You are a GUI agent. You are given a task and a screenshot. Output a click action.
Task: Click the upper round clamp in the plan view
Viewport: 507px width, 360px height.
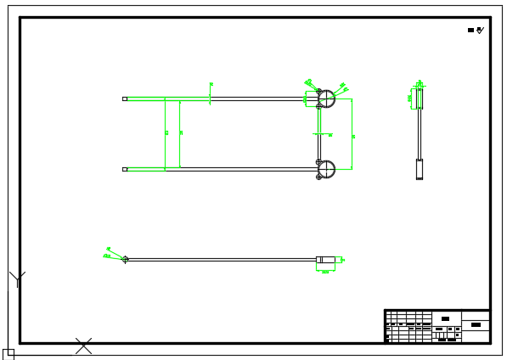(x=327, y=98)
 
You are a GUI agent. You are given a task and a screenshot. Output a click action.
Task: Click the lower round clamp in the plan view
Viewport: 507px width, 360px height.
(x=327, y=169)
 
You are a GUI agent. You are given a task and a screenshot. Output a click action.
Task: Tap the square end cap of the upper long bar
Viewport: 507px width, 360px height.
(x=125, y=98)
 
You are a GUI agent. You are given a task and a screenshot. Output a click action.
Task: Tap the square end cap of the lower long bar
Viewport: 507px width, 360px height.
(x=125, y=169)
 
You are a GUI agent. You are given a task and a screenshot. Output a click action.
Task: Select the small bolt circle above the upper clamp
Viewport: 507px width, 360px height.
(x=319, y=91)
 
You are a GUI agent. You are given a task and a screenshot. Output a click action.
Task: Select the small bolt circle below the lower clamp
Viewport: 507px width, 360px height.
(x=319, y=177)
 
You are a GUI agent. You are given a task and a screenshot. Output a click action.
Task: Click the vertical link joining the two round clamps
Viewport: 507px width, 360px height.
(x=319, y=134)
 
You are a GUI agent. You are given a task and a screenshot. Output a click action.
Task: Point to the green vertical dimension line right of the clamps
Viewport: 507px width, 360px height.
(x=352, y=134)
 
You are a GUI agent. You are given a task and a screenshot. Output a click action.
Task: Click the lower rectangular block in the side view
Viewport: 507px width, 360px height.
(x=419, y=169)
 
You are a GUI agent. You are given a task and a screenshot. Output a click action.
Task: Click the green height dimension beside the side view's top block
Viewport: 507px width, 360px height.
(x=412, y=98)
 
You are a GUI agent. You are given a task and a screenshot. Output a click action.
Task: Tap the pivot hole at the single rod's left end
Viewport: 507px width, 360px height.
(x=126, y=259)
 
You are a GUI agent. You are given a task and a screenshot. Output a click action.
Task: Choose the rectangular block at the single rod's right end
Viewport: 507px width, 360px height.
(x=325, y=259)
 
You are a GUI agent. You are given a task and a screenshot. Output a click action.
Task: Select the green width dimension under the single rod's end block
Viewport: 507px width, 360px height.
(x=325, y=270)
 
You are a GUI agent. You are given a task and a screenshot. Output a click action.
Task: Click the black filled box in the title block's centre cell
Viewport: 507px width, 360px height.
(x=445, y=318)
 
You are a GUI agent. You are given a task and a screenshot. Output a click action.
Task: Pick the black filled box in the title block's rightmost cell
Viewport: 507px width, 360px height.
(x=476, y=324)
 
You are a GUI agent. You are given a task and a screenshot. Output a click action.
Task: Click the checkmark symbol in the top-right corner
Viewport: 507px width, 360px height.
(x=480, y=30)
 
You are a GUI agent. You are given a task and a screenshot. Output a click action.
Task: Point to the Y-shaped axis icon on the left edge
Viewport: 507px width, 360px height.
(x=17, y=278)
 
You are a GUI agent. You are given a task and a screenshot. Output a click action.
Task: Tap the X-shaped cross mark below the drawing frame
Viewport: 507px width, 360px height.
(x=83, y=346)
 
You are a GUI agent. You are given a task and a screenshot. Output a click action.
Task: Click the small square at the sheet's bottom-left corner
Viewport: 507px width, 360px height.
(x=8, y=354)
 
